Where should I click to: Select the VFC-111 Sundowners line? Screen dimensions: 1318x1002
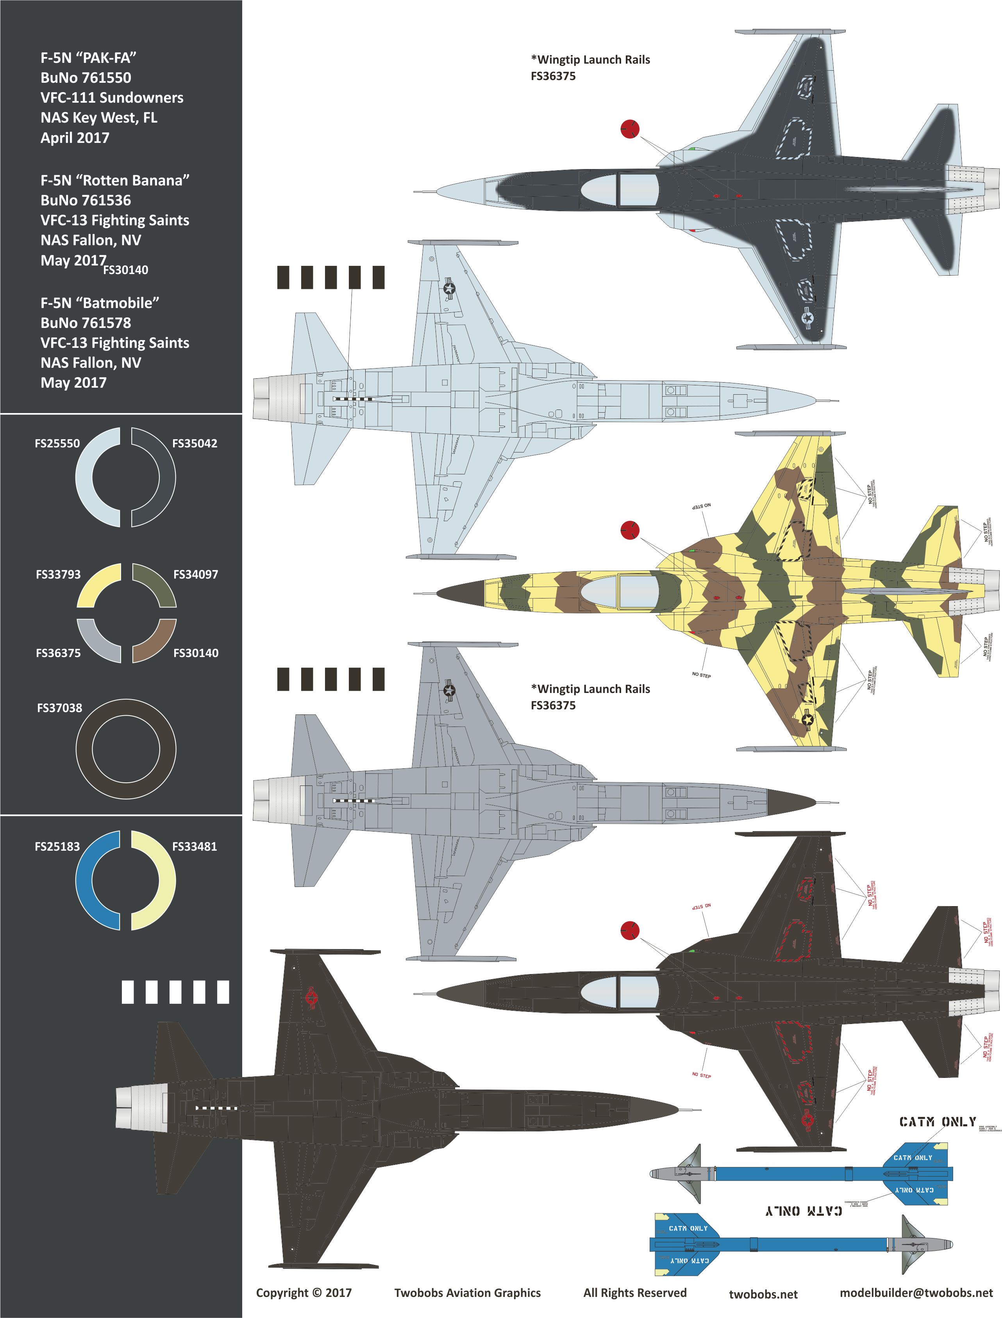click(x=112, y=98)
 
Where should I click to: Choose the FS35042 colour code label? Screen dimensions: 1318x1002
click(x=195, y=443)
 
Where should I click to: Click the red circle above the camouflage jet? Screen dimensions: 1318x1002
click(x=630, y=529)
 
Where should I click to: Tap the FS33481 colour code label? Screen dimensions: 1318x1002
click(x=195, y=846)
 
